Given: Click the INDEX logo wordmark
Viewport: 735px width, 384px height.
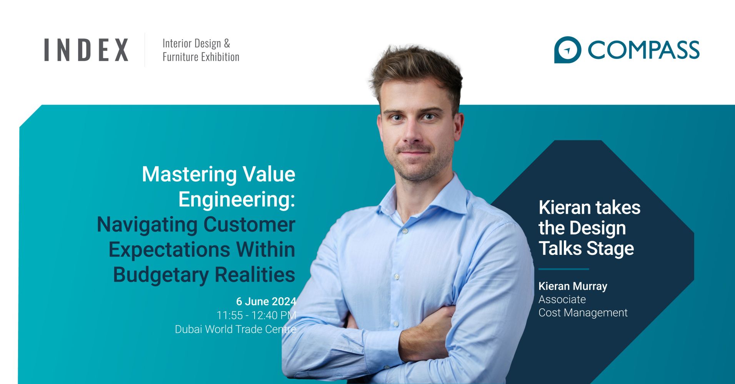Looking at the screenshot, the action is coord(86,50).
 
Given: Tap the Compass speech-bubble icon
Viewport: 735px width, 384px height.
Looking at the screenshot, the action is coord(567,50).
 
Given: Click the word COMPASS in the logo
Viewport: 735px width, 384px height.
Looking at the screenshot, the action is coord(643,50).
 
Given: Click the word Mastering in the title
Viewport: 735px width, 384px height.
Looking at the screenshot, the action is coord(185,175).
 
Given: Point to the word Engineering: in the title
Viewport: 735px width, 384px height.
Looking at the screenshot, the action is coord(237,199).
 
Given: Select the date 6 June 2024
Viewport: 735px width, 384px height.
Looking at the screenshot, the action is coord(266,301).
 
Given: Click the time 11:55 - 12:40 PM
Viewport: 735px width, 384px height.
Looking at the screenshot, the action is coord(257,315).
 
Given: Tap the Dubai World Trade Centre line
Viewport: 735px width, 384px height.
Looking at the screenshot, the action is coord(236,329).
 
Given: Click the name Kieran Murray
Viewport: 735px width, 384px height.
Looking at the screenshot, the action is coord(573,286).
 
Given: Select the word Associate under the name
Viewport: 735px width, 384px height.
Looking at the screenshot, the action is coord(562,299).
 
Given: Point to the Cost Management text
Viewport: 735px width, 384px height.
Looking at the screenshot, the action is coord(583,313).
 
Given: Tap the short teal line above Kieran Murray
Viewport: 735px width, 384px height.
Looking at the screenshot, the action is coord(563,269).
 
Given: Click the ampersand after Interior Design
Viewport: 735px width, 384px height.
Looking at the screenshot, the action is coord(227,43).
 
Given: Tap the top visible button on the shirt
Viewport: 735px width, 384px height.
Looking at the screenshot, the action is coord(405,231).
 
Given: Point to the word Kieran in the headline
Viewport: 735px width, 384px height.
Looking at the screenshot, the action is coord(565,208).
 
